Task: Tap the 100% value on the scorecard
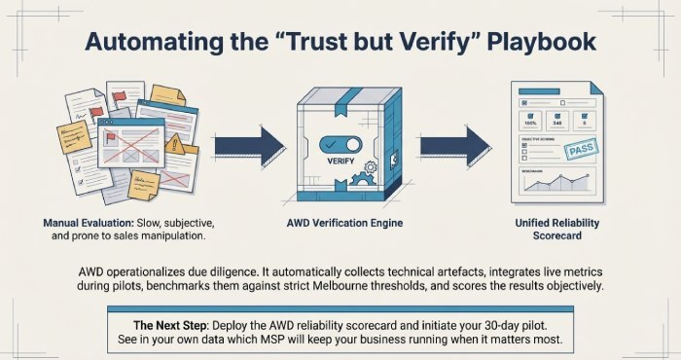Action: (x=531, y=124)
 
